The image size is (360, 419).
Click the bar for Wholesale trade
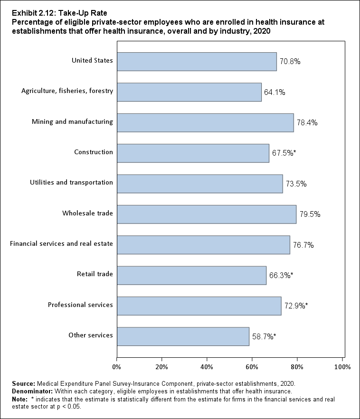pyautogui.click(x=207, y=214)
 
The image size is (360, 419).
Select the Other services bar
pyautogui.click(x=183, y=336)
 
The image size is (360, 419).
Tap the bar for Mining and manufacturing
pyautogui.click(x=205, y=122)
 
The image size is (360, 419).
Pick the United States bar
pyautogui.click(x=197, y=62)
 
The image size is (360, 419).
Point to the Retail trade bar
pyautogui.click(x=191, y=275)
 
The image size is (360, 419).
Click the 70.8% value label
pyautogui.click(x=290, y=62)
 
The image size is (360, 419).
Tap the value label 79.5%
pyautogui.click(x=310, y=214)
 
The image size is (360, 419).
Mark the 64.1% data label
pyautogui.click(x=275, y=92)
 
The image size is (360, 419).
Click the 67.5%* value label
pyautogui.click(x=284, y=153)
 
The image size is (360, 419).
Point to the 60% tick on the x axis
pyautogui.click(x=252, y=367)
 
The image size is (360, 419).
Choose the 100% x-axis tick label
pyautogui.click(x=342, y=367)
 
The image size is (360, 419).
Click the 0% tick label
pyautogui.click(x=116, y=367)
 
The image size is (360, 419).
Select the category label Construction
pyautogui.click(x=94, y=152)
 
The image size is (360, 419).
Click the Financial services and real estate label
pyautogui.click(x=62, y=244)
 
